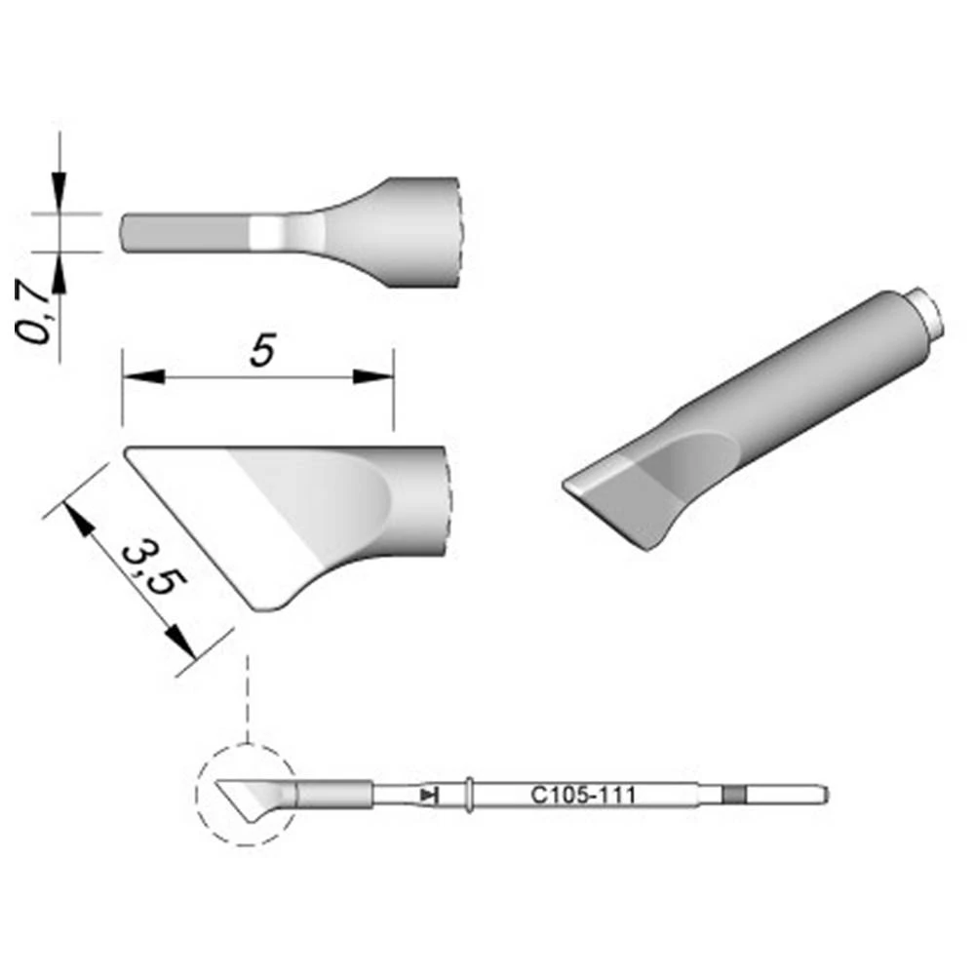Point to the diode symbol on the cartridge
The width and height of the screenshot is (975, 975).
click(428, 796)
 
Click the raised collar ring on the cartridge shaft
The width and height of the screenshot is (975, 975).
click(470, 796)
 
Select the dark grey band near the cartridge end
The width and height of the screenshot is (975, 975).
click(733, 796)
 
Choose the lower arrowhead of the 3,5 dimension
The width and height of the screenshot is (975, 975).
click(175, 640)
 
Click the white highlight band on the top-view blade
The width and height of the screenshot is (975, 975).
click(264, 232)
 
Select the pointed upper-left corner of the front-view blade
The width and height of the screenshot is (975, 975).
click(130, 451)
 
